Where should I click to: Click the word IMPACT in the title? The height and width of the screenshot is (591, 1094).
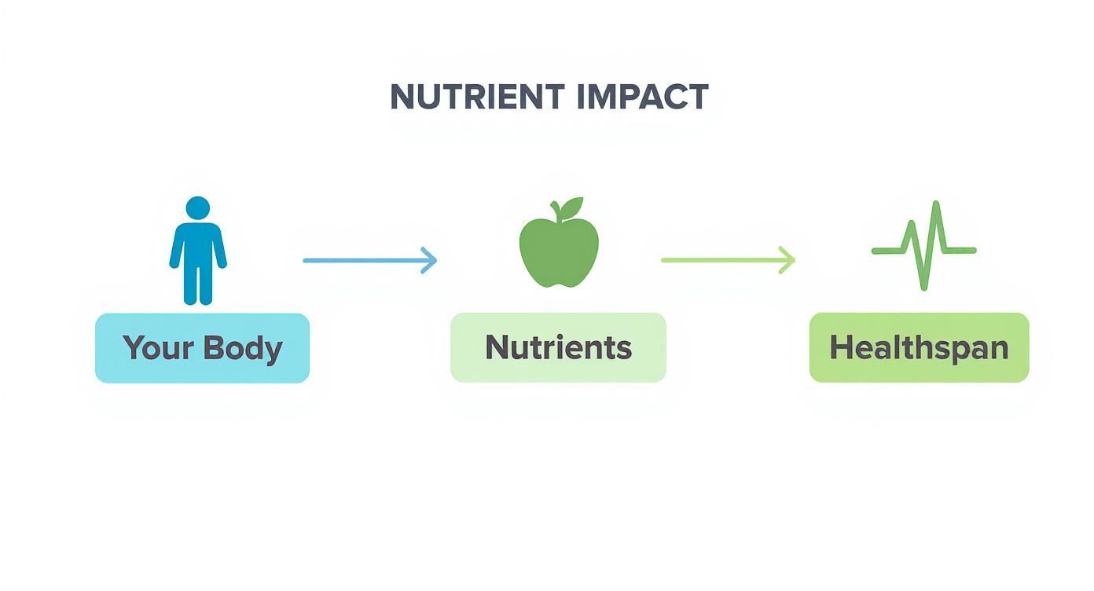point(642,97)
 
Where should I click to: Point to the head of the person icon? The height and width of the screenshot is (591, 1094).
point(198,207)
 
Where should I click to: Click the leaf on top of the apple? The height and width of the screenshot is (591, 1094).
point(571,207)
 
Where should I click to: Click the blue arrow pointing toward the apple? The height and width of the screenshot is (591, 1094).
point(369,260)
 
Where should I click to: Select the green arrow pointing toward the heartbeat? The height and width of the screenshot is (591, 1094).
point(728,260)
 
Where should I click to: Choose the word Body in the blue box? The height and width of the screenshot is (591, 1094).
point(243,347)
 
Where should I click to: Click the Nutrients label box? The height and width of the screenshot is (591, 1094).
point(558,347)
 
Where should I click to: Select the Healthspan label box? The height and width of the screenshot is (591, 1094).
point(919,347)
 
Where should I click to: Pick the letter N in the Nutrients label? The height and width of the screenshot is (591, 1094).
point(497,347)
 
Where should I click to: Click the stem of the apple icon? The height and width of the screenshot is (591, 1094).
point(556,211)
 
